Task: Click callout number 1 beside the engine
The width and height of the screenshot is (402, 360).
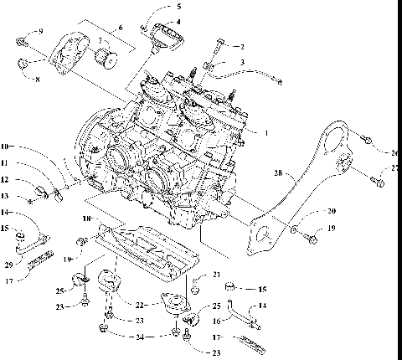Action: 267,131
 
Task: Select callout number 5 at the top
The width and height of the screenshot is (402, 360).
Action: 178,7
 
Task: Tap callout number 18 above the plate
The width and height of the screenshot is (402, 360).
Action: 87,219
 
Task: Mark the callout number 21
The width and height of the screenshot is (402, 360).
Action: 216,274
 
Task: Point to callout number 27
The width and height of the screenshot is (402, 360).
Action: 394,168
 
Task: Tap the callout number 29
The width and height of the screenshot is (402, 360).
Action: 8,265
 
